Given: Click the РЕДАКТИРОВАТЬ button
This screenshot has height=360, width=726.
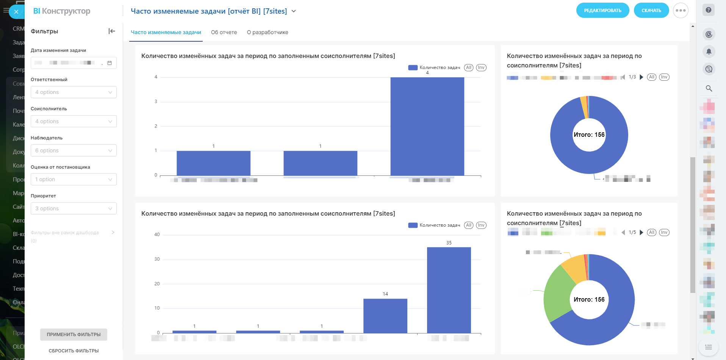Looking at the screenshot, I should click(602, 11).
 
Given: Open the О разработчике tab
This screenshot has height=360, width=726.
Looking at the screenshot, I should click(268, 32).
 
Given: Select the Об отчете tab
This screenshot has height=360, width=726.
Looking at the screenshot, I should click(224, 32).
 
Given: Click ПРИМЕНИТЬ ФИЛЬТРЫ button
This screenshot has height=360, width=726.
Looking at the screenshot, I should click(74, 335).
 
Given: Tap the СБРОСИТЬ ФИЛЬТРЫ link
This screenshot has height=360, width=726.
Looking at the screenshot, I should click(74, 351).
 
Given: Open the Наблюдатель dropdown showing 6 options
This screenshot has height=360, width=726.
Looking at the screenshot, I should click(74, 150).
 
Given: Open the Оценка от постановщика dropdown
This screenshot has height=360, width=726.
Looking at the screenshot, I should click(74, 179).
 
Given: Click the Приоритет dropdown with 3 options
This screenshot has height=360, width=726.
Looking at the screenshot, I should click(74, 208).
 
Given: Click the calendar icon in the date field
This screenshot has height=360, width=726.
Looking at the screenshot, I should click(110, 63).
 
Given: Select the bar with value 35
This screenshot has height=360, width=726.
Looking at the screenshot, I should click(449, 290).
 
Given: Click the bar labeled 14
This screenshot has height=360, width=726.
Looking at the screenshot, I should click(385, 316).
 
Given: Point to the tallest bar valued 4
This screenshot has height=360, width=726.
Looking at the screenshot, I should click(427, 126).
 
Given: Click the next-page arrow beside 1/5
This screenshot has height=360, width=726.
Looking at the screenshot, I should click(642, 232).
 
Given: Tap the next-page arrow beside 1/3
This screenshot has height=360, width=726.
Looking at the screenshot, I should click(642, 77).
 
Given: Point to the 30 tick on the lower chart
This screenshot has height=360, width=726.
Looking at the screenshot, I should click(157, 259).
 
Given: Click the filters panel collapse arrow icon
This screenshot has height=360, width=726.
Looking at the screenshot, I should click(112, 31).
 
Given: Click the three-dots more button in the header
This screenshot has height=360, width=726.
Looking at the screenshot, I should click(681, 11).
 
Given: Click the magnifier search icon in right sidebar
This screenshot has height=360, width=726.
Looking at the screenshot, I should click(709, 88).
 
